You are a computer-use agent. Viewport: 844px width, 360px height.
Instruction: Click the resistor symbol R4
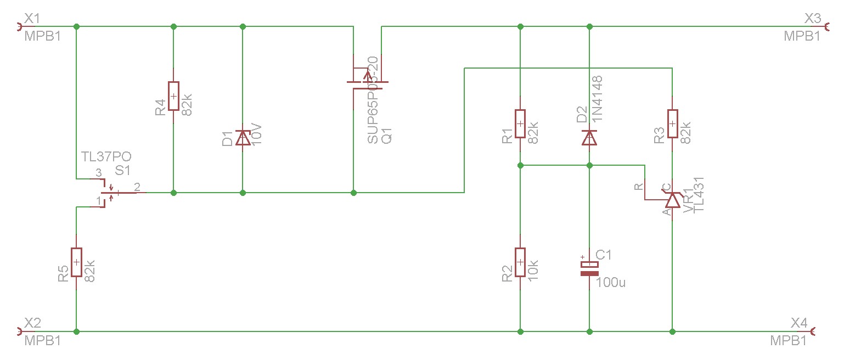tap(173, 96)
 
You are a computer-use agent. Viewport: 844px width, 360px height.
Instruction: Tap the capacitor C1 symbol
tap(589, 268)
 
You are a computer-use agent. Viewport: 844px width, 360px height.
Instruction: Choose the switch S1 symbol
tap(112, 193)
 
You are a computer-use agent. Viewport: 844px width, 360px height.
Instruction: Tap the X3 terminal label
tap(812, 19)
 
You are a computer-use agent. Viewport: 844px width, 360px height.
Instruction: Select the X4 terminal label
tap(799, 322)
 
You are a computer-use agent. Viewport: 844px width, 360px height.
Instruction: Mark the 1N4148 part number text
tap(598, 99)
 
